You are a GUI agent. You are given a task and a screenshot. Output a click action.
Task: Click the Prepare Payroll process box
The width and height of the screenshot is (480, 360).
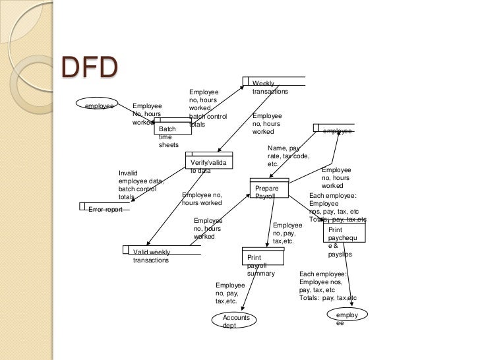coord(270,189)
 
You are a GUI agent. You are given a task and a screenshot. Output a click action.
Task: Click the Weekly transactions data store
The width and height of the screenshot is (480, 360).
coord(273,86)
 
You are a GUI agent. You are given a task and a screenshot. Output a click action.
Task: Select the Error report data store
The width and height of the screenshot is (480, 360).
coord(105,209)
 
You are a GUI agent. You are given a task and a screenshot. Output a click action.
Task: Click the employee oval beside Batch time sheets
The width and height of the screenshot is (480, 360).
coord(100,105)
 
